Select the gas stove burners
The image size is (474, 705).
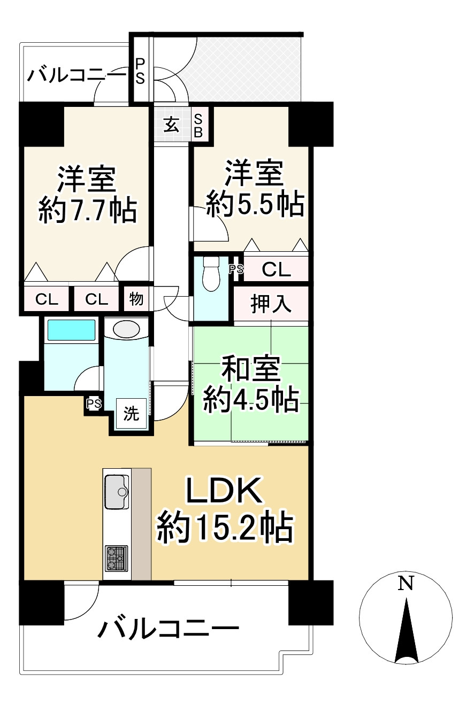tap(116, 558)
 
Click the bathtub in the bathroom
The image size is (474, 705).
tap(71, 330)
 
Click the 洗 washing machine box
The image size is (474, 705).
tap(132, 414)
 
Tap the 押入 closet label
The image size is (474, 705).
tap(271, 305)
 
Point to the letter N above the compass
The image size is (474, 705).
tap(406, 584)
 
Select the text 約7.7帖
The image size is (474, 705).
tap(87, 211)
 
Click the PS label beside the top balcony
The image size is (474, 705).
tap(140, 71)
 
